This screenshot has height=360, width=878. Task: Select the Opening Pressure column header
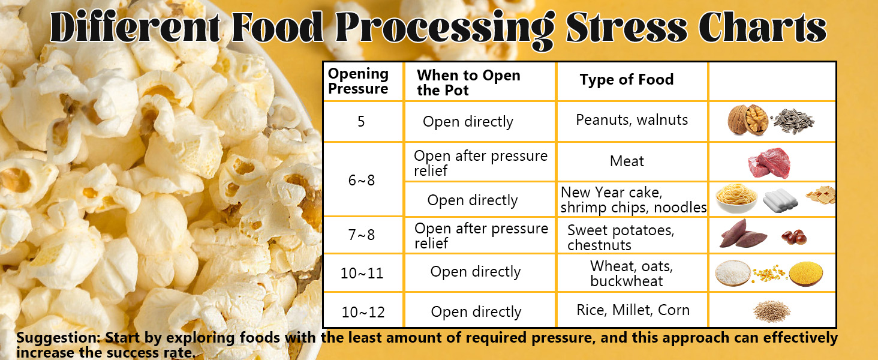pyautogui.click(x=358, y=82)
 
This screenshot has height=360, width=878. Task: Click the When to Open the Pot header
pyautogui.click(x=468, y=83)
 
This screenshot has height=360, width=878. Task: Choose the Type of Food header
pyautogui.click(x=626, y=80)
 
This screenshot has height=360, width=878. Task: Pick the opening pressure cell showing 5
pyautogui.click(x=361, y=122)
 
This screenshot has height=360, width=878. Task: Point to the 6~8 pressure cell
pyautogui.click(x=362, y=180)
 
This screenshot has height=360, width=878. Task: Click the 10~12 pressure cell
pyautogui.click(x=362, y=312)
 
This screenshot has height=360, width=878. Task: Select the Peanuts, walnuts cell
pyautogui.click(x=632, y=120)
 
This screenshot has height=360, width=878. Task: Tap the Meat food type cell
pyautogui.click(x=627, y=161)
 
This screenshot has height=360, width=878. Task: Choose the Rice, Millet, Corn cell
pyautogui.click(x=633, y=310)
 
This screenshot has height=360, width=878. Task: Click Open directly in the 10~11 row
pyautogui.click(x=476, y=272)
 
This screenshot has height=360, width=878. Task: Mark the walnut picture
pyautogui.click(x=747, y=120)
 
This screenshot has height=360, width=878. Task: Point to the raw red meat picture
pyautogui.click(x=769, y=163)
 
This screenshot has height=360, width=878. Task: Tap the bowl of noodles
pyautogui.click(x=736, y=199)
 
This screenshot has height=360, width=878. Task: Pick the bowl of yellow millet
pyautogui.click(x=805, y=274)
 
